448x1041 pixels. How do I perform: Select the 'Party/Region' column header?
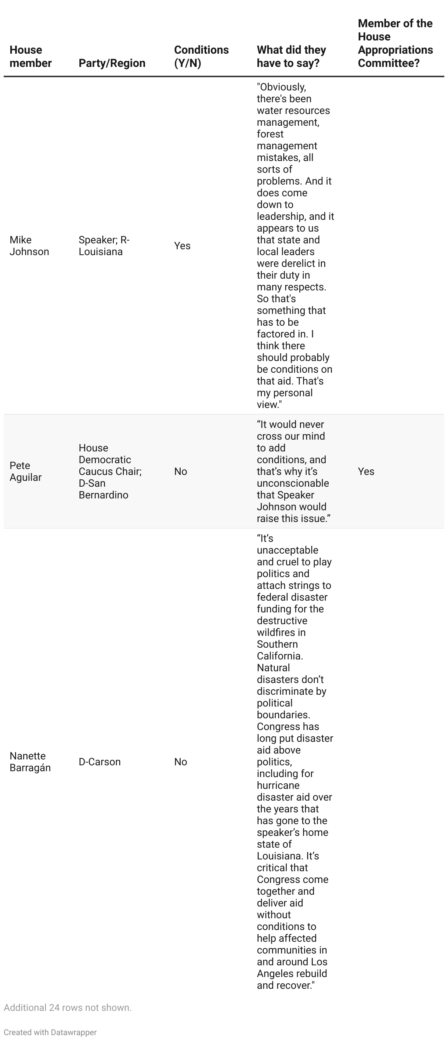click(112, 63)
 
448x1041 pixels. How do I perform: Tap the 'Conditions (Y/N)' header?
click(201, 57)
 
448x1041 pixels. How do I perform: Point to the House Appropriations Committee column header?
click(395, 43)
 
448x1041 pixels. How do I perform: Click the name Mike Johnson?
click(29, 246)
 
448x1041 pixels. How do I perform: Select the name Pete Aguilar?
click(25, 471)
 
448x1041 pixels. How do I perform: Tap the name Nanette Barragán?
click(30, 762)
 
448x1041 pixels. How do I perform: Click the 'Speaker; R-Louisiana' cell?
click(104, 246)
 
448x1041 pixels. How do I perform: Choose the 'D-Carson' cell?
click(99, 762)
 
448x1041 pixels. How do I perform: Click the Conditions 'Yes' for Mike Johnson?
click(182, 246)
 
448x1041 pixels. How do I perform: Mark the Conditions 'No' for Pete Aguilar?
click(180, 472)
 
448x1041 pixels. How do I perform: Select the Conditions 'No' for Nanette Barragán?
click(180, 762)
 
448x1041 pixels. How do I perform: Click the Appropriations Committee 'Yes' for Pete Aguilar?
click(366, 472)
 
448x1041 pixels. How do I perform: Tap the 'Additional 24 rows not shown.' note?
click(68, 1008)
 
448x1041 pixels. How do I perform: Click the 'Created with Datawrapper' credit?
click(50, 1032)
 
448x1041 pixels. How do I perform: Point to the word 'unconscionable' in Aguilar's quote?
click(293, 483)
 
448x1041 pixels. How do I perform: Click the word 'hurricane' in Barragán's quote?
click(278, 785)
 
